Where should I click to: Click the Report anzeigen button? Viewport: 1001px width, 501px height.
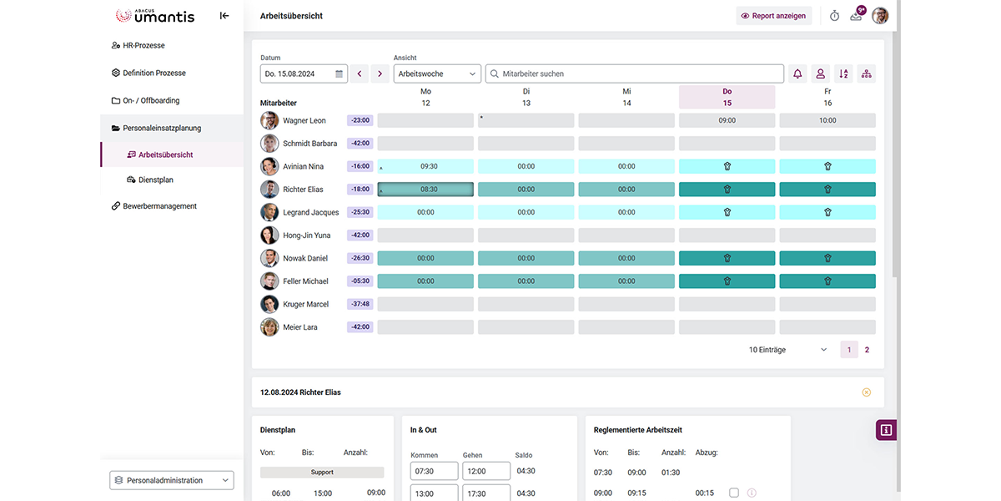(773, 16)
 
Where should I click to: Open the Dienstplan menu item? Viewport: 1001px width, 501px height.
(155, 180)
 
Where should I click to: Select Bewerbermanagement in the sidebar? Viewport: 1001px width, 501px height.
(159, 206)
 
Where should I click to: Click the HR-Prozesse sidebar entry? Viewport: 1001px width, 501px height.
(143, 45)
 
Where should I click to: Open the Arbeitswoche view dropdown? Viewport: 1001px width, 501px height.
(437, 73)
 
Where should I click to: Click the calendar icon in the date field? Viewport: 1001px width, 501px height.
(340, 73)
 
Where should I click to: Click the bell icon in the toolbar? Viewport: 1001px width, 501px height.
(797, 73)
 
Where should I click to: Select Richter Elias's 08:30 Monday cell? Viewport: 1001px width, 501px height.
(425, 190)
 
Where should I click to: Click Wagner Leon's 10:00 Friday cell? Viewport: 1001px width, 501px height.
(827, 120)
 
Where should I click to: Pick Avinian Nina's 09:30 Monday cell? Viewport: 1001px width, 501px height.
(425, 166)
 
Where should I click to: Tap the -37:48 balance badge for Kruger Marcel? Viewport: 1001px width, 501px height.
(360, 304)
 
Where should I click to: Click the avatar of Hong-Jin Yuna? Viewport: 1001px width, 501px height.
(269, 235)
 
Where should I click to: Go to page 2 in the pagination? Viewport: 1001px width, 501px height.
(867, 350)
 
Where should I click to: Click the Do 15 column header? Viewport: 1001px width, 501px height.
(727, 97)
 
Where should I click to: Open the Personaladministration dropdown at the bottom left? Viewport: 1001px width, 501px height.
(172, 480)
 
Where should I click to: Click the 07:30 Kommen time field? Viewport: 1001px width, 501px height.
(434, 471)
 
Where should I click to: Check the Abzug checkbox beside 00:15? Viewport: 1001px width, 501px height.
(734, 493)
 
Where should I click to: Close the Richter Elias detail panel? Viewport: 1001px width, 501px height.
(866, 392)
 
